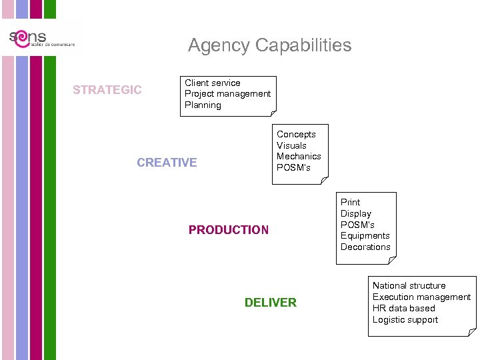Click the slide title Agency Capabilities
(269, 45)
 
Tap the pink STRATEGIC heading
(107, 90)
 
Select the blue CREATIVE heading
(167, 163)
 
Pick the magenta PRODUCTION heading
(229, 230)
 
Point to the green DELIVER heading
(270, 303)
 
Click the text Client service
(213, 83)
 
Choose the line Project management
(227, 94)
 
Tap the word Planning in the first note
(203, 105)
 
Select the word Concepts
(296, 134)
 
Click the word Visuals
(291, 145)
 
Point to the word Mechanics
(299, 157)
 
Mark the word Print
(350, 202)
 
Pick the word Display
(356, 213)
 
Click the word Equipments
(365, 236)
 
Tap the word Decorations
(365, 247)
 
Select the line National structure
(409, 285)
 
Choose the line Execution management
(421, 297)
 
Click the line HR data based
(403, 308)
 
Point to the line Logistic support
(405, 319)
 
